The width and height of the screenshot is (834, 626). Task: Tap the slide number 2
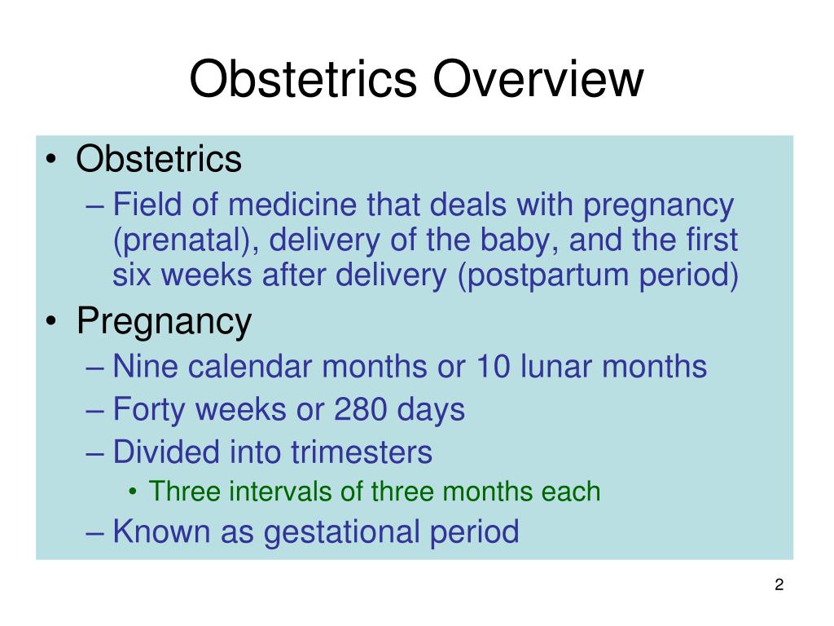pos(779,584)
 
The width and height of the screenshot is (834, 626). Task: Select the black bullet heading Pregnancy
pos(164,322)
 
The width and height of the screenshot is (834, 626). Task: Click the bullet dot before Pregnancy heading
pos(52,323)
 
